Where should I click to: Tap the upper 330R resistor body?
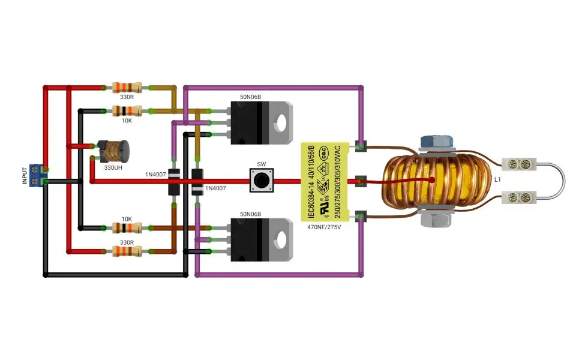(x=127, y=88)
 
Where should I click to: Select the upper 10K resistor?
(x=127, y=111)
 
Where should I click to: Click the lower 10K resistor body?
(x=127, y=227)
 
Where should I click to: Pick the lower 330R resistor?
(x=127, y=251)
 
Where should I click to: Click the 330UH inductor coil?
(x=113, y=151)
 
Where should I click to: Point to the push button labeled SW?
(x=262, y=181)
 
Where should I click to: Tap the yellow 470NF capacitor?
(x=325, y=182)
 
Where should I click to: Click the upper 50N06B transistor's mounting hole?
(x=280, y=122)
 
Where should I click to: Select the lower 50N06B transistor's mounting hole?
(x=280, y=240)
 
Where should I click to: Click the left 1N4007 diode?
(x=173, y=182)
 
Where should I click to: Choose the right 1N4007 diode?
(x=197, y=182)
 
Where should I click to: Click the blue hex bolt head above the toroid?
(x=437, y=142)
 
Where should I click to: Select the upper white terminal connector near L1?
(x=519, y=164)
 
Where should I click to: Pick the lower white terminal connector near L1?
(x=519, y=197)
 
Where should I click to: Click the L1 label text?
(x=497, y=179)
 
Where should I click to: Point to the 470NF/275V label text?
(x=324, y=227)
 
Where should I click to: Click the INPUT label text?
(x=25, y=175)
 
